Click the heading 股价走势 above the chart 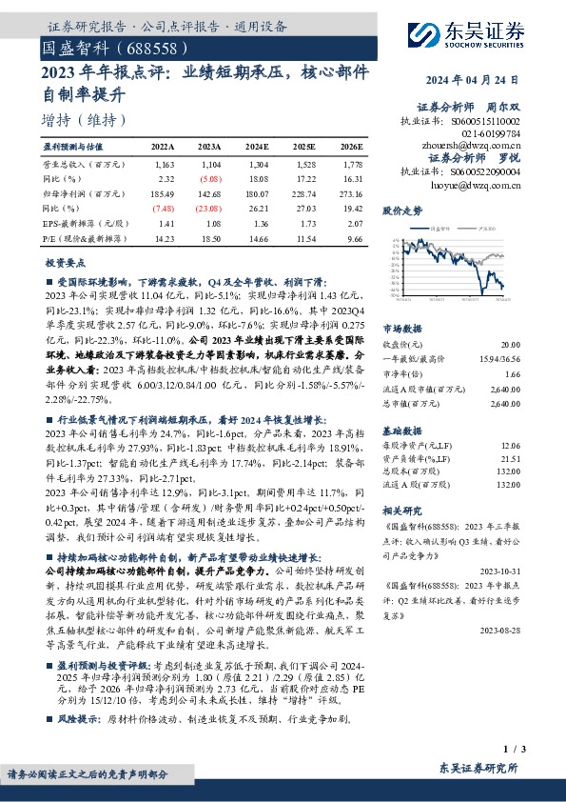coord(401,208)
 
